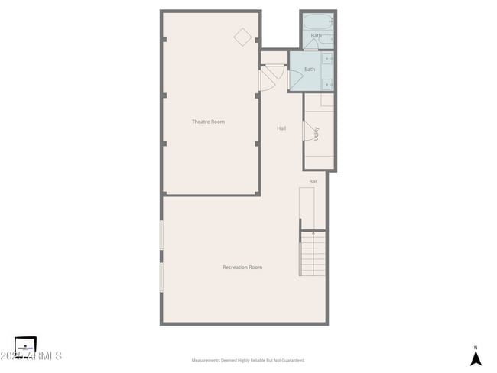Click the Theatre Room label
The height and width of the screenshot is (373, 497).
click(208, 122)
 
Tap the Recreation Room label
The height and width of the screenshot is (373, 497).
click(242, 267)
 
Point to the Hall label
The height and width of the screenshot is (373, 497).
click(281, 128)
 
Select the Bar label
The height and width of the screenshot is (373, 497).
click(313, 182)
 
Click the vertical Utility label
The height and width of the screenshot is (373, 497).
click(316, 132)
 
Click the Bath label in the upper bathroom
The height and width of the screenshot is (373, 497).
click(317, 36)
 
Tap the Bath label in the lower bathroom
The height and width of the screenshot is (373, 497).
click(310, 70)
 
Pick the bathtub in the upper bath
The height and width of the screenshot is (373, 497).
click(317, 21)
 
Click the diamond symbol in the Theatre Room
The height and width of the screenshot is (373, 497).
click(243, 37)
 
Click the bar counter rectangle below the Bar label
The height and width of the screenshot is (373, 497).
click(307, 209)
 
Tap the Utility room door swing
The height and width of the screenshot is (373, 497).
click(309, 132)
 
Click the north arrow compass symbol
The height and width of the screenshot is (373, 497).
click(476, 358)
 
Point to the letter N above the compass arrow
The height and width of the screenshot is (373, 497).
click(476, 346)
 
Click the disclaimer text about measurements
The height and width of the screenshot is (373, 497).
click(248, 360)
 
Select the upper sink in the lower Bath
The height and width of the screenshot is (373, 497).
click(328, 59)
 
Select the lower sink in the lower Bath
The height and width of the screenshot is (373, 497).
click(328, 83)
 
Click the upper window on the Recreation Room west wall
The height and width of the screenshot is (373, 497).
click(161, 235)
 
